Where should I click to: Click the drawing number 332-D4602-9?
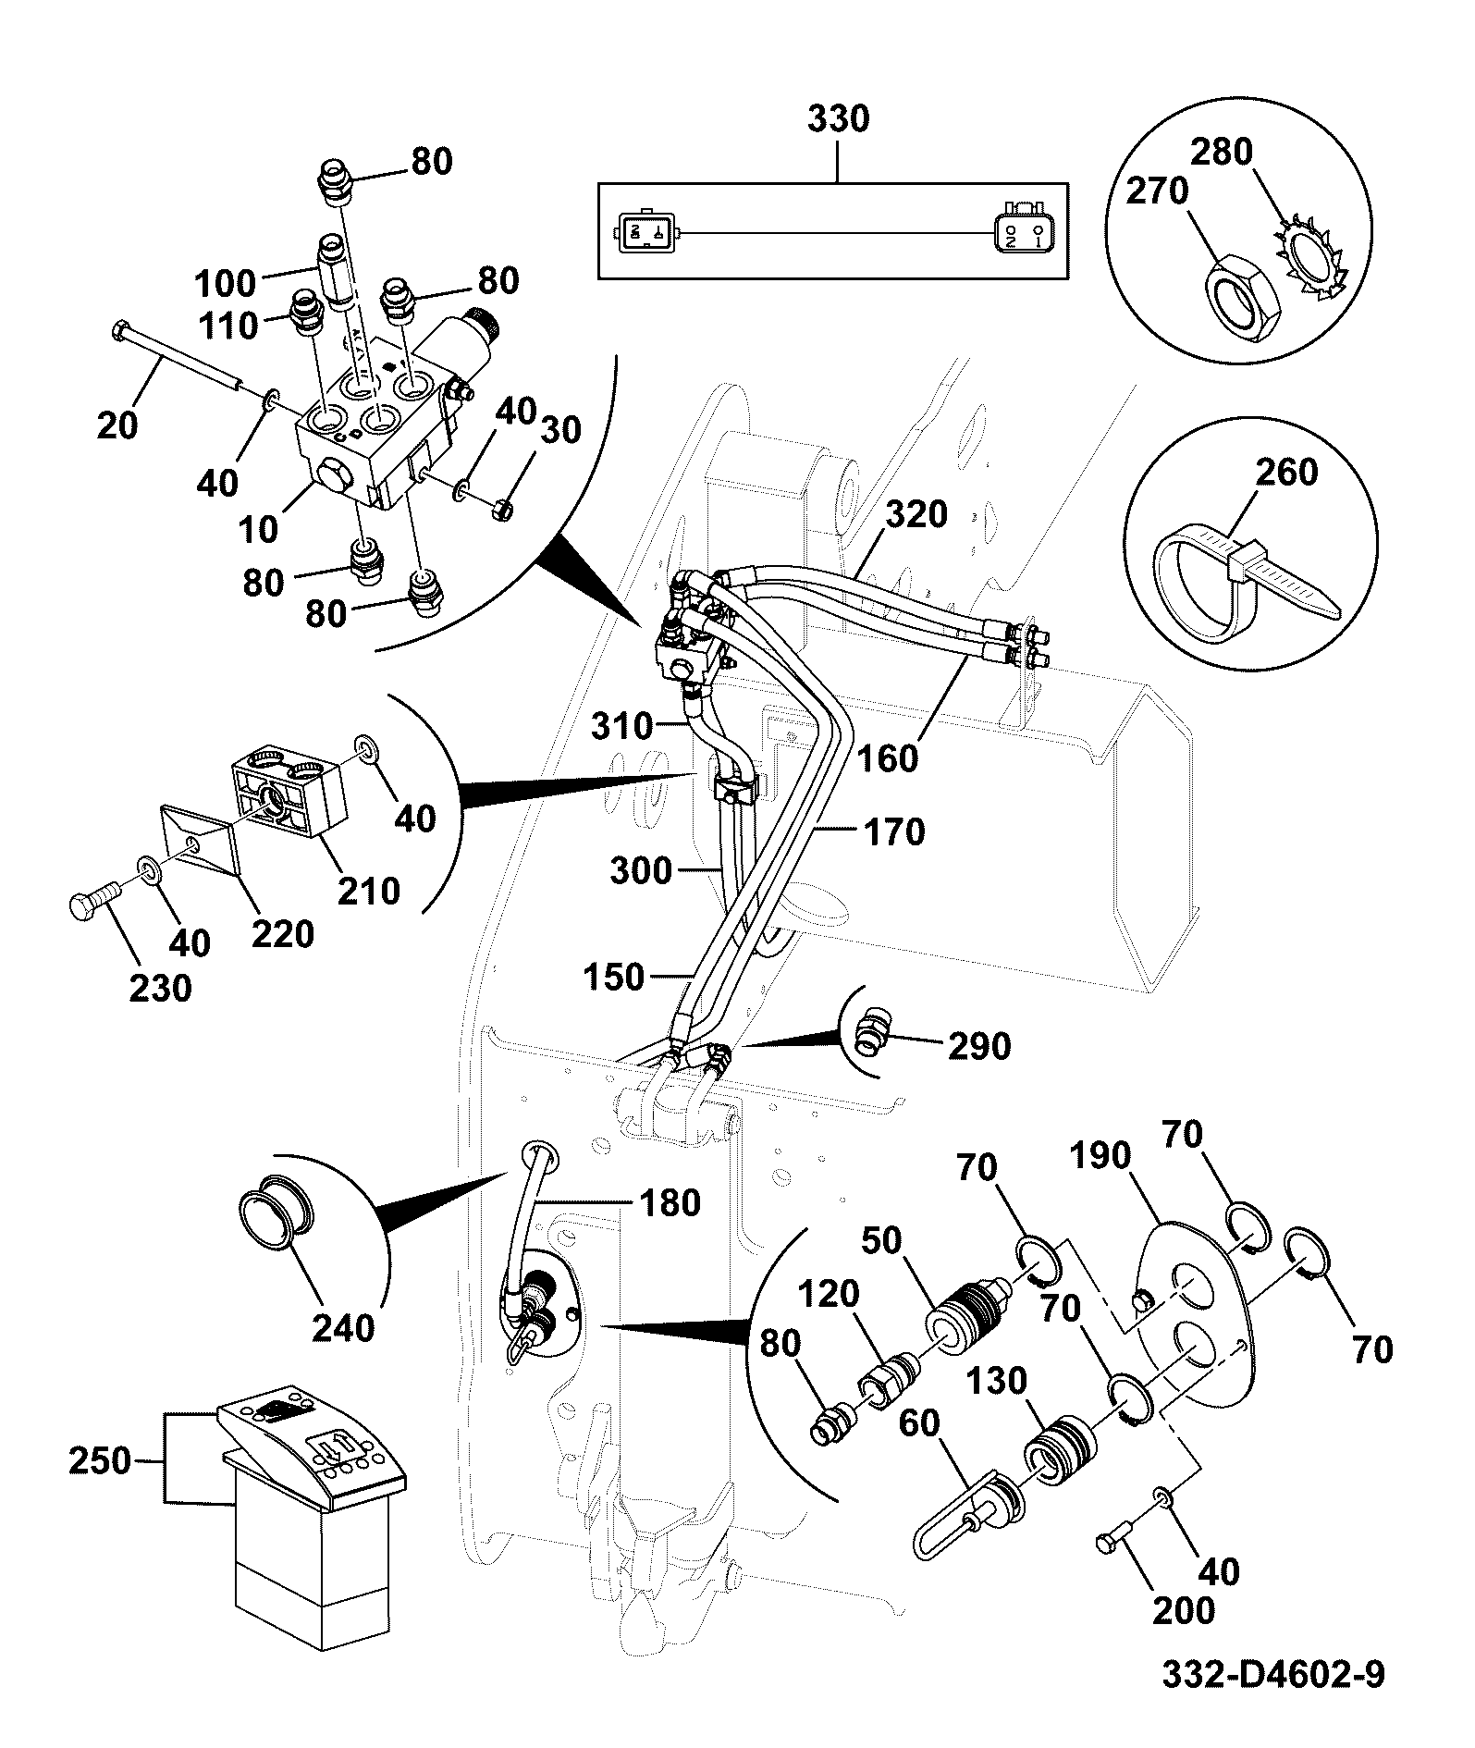(x=1272, y=1675)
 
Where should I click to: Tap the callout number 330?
(x=839, y=119)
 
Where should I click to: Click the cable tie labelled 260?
(x=1239, y=578)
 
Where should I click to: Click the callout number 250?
(x=102, y=1460)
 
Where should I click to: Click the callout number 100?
(x=226, y=282)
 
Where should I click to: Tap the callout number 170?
(x=893, y=832)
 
